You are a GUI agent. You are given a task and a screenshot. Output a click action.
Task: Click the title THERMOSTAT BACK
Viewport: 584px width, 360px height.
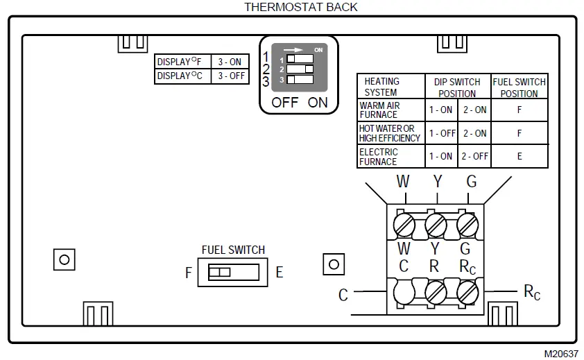[x=301, y=7]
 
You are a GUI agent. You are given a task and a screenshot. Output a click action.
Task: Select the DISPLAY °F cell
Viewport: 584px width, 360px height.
[x=181, y=62]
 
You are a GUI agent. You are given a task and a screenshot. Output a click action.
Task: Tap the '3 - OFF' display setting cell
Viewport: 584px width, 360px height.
[x=231, y=76]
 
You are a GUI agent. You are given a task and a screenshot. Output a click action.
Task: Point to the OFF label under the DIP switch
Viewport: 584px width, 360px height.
[x=285, y=103]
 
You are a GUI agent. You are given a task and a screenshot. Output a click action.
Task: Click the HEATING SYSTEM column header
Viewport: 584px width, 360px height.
[x=381, y=87]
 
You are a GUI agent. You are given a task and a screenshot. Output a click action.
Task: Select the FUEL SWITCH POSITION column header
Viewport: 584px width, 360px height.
[x=519, y=87]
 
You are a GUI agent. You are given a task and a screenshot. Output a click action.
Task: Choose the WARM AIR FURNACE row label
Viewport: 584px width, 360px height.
[x=379, y=110]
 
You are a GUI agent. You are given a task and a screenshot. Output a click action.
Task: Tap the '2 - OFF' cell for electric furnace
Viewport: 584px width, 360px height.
[x=474, y=157]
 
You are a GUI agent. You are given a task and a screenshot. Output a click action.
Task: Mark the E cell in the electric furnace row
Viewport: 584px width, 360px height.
[x=519, y=157]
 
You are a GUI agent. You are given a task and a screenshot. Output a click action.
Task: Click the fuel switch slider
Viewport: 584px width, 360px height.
[x=220, y=273]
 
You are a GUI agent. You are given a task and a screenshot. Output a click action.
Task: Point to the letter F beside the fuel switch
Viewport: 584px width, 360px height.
[x=188, y=273]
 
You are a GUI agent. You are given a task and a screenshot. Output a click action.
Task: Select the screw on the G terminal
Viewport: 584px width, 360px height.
[x=468, y=225]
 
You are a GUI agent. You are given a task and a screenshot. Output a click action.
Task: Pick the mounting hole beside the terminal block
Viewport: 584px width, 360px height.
[x=334, y=264]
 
